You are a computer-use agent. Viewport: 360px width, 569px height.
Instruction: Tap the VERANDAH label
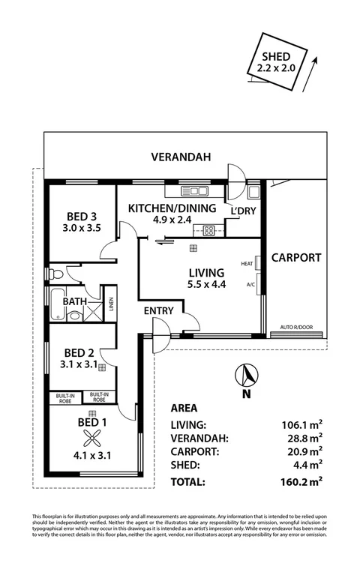coord(180,157)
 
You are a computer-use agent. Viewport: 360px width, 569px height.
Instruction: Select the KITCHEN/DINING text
coord(172,208)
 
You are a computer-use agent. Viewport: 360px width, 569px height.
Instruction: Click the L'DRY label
coord(244,211)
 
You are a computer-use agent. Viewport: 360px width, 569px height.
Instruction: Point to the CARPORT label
coord(295,257)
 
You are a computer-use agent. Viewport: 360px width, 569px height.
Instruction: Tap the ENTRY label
coord(159,310)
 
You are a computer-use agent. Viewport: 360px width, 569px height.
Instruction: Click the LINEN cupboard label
coord(110,303)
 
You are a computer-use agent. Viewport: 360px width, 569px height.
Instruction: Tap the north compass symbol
coord(247,374)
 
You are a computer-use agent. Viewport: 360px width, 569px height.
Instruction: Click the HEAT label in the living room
coord(247,264)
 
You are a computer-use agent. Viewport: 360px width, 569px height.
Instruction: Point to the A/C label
coord(250,285)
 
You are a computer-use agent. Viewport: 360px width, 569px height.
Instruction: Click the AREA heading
coord(184,409)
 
